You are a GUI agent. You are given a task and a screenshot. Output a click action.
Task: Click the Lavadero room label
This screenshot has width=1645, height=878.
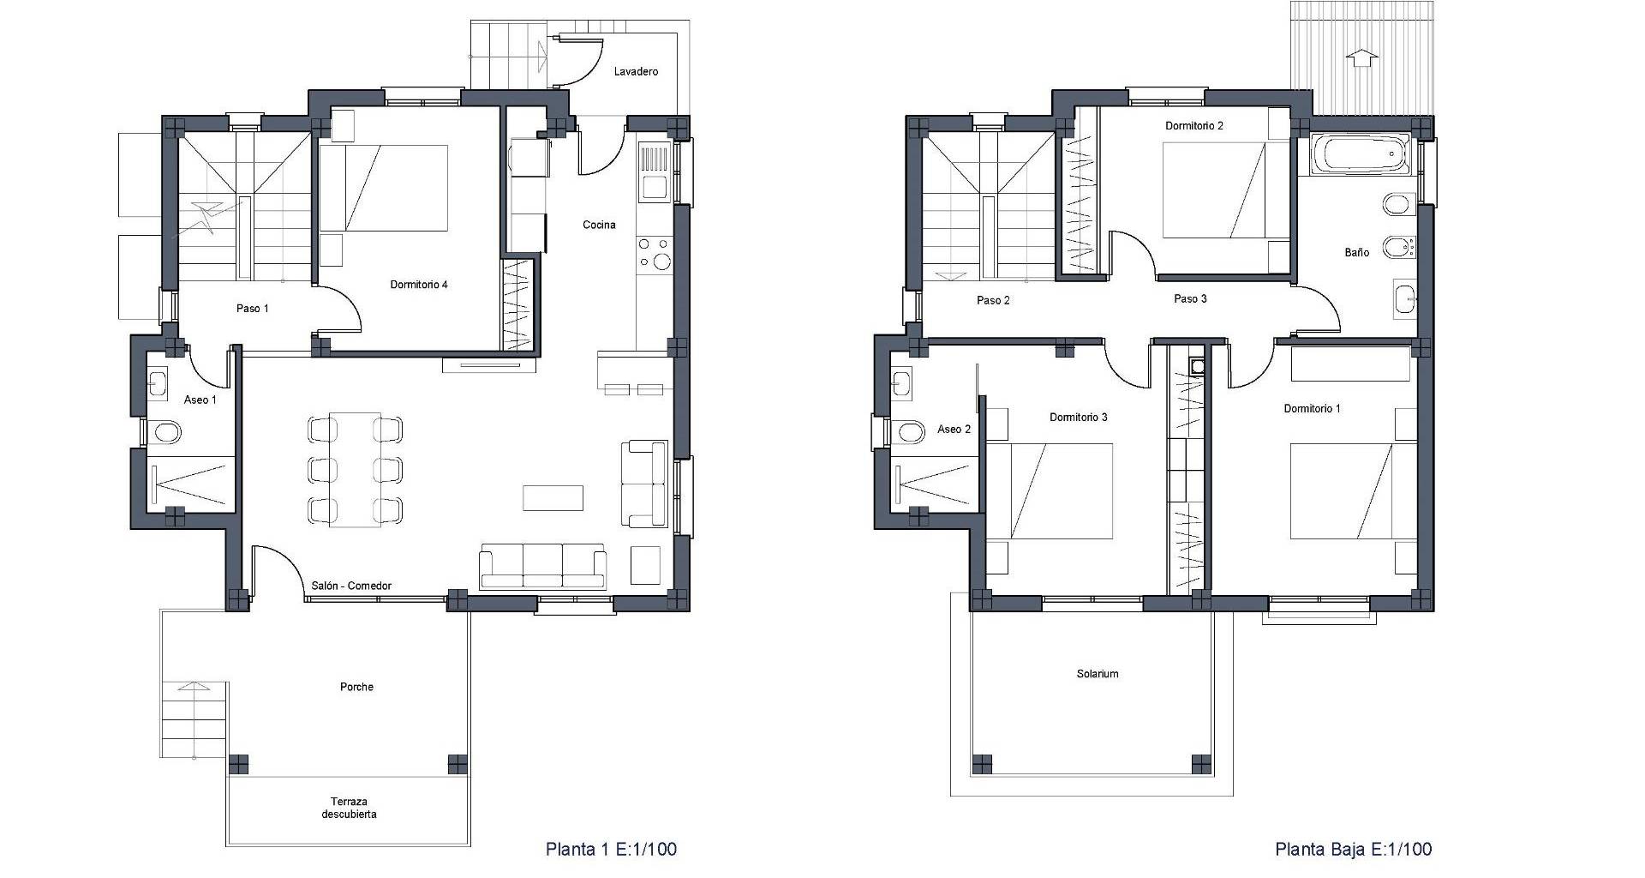636,72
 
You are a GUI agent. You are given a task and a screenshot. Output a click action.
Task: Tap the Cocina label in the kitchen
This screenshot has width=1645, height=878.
599,226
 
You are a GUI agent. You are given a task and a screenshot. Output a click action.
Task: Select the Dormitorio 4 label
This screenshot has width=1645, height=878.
419,285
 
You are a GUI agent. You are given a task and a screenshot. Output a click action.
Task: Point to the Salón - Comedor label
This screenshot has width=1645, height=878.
351,586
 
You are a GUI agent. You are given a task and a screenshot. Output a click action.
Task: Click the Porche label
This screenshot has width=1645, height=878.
356,687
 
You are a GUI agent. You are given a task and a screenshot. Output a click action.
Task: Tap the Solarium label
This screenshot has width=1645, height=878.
1098,674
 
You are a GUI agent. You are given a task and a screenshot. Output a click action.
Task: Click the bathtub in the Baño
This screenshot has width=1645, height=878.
1361,155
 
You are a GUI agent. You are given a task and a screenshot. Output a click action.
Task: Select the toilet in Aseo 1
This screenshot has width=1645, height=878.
164,432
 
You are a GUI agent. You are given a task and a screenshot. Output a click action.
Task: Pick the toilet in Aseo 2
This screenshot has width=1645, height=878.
907,431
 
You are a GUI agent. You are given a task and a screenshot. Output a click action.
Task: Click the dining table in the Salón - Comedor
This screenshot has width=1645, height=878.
355,470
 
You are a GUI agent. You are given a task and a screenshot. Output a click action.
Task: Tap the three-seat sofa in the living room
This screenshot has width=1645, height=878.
542,567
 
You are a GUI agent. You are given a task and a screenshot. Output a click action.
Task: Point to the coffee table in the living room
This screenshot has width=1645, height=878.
553,498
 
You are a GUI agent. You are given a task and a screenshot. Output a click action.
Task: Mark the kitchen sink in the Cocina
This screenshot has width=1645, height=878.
655,185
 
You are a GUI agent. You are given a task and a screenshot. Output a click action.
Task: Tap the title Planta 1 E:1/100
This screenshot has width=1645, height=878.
611,849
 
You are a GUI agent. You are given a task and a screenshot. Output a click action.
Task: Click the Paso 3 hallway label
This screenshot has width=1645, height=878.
1190,299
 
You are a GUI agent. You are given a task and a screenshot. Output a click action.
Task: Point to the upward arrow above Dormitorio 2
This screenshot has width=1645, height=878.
1362,57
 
